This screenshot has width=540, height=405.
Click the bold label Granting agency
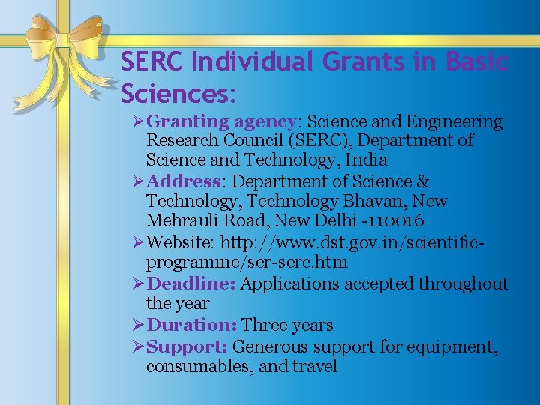tap(221, 121)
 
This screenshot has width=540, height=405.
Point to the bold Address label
tap(184, 181)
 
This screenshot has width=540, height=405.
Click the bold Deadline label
tap(192, 283)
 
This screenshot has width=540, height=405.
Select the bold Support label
tap(187, 346)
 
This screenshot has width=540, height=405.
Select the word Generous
tap(270, 346)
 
